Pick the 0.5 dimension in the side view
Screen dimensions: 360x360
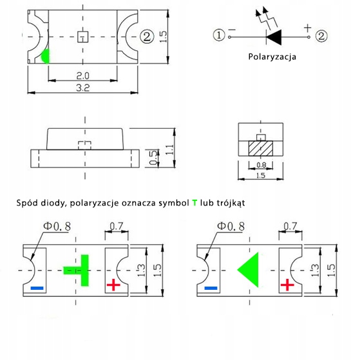click(153, 158)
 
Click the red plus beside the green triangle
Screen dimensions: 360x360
click(287, 285)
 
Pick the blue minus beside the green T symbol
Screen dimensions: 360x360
click(37, 287)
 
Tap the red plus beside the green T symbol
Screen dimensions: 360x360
click(113, 285)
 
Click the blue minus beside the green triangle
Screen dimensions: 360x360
click(211, 288)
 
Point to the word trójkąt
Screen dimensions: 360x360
click(227, 203)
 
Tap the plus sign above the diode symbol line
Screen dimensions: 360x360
click(307, 28)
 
